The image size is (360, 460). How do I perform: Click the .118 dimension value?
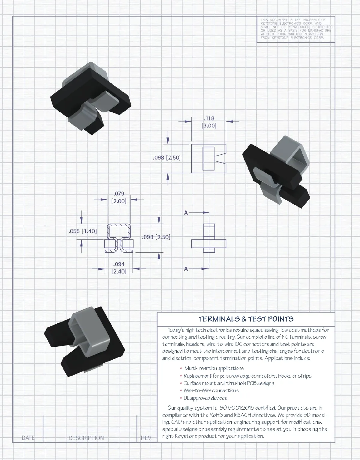(209, 118)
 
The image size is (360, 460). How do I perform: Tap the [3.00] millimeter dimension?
(209, 126)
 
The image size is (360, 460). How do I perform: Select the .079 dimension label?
(119, 194)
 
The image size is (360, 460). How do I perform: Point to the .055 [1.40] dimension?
(82, 231)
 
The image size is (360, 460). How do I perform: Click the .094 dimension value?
(119, 264)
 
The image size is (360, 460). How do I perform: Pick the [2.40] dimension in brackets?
(119, 272)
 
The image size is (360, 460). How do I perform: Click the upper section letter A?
(186, 213)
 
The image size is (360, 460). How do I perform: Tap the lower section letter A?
(186, 269)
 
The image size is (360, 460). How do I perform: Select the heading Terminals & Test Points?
(246, 319)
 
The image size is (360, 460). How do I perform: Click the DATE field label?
(28, 438)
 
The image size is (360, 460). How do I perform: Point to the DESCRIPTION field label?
(86, 438)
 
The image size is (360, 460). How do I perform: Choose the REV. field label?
(146, 438)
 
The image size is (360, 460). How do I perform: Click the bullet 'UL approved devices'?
(205, 398)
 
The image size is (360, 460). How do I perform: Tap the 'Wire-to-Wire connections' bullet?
(211, 390)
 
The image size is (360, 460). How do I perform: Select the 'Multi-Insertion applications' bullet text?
(214, 368)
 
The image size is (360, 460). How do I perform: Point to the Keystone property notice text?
(296, 29)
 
